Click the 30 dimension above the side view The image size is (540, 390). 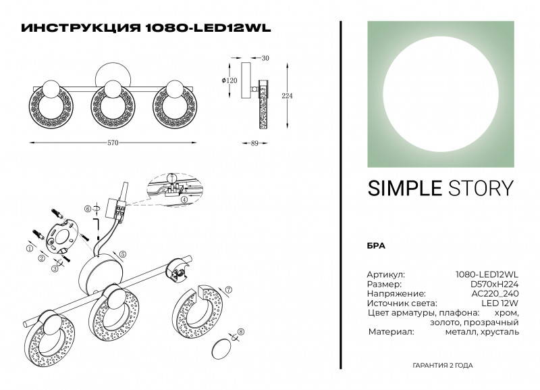[265, 59]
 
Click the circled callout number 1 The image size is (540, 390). [29, 249]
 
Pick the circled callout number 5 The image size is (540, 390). [123, 253]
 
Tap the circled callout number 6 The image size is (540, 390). [88, 209]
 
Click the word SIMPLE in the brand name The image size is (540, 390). [401, 188]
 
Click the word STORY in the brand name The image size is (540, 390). [478, 188]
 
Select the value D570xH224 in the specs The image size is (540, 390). [493, 285]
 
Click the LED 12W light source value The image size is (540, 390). [501, 303]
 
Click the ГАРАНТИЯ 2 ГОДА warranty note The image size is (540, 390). [442, 365]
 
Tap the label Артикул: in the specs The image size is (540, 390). [386, 275]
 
